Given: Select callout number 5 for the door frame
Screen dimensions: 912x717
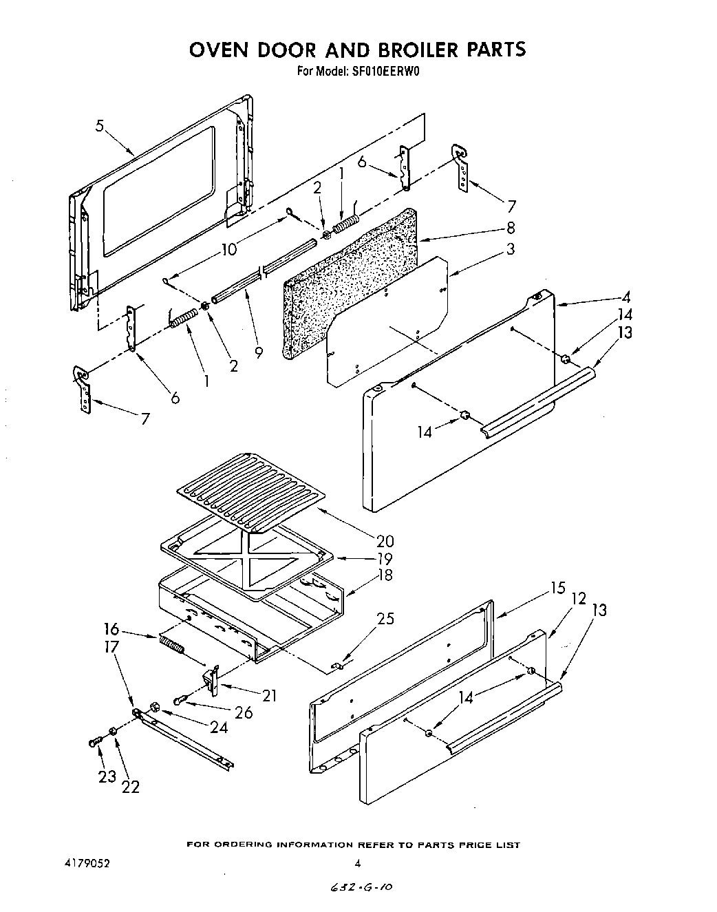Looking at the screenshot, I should tap(100, 126).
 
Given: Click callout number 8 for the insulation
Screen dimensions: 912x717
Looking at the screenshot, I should tap(510, 227).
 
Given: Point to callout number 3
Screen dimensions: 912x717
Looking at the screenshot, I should tap(510, 249).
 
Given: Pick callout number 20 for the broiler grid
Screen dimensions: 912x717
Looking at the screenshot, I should tap(385, 541).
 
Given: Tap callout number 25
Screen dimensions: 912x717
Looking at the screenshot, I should tap(386, 618).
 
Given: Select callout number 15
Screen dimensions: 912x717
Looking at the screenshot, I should tap(557, 588).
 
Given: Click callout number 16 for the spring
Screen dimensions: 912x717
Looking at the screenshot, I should tap(111, 629).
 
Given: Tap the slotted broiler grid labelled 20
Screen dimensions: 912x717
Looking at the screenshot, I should tap(251, 485).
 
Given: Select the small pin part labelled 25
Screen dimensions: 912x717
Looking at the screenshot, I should tap(338, 665).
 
